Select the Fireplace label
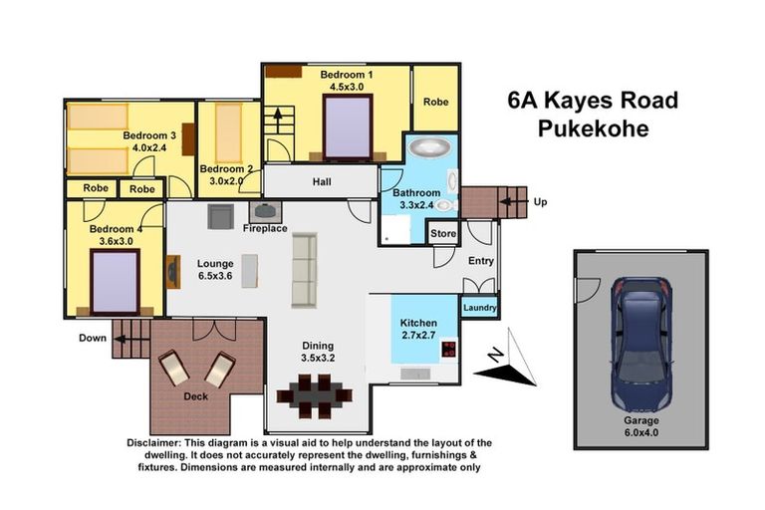(265, 229)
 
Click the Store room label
(443, 235)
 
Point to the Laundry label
(479, 309)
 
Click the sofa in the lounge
(304, 270)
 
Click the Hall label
(321, 182)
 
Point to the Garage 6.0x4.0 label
(641, 427)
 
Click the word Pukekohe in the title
(593, 128)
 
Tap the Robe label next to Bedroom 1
(435, 102)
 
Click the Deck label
(195, 394)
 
